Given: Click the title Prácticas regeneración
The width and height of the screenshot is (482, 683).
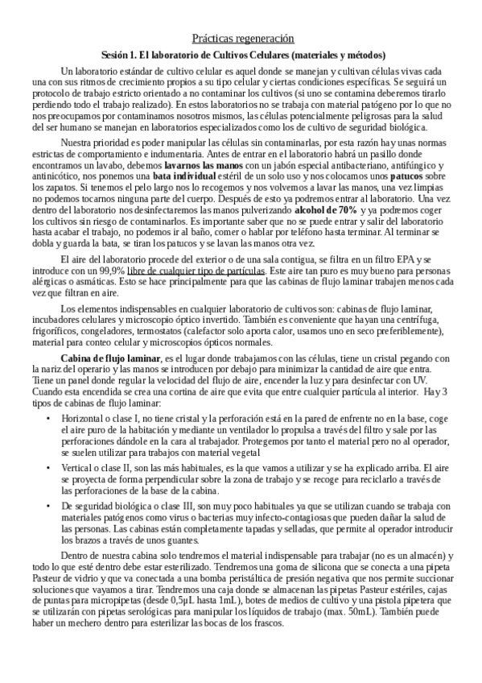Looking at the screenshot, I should (x=242, y=38).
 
